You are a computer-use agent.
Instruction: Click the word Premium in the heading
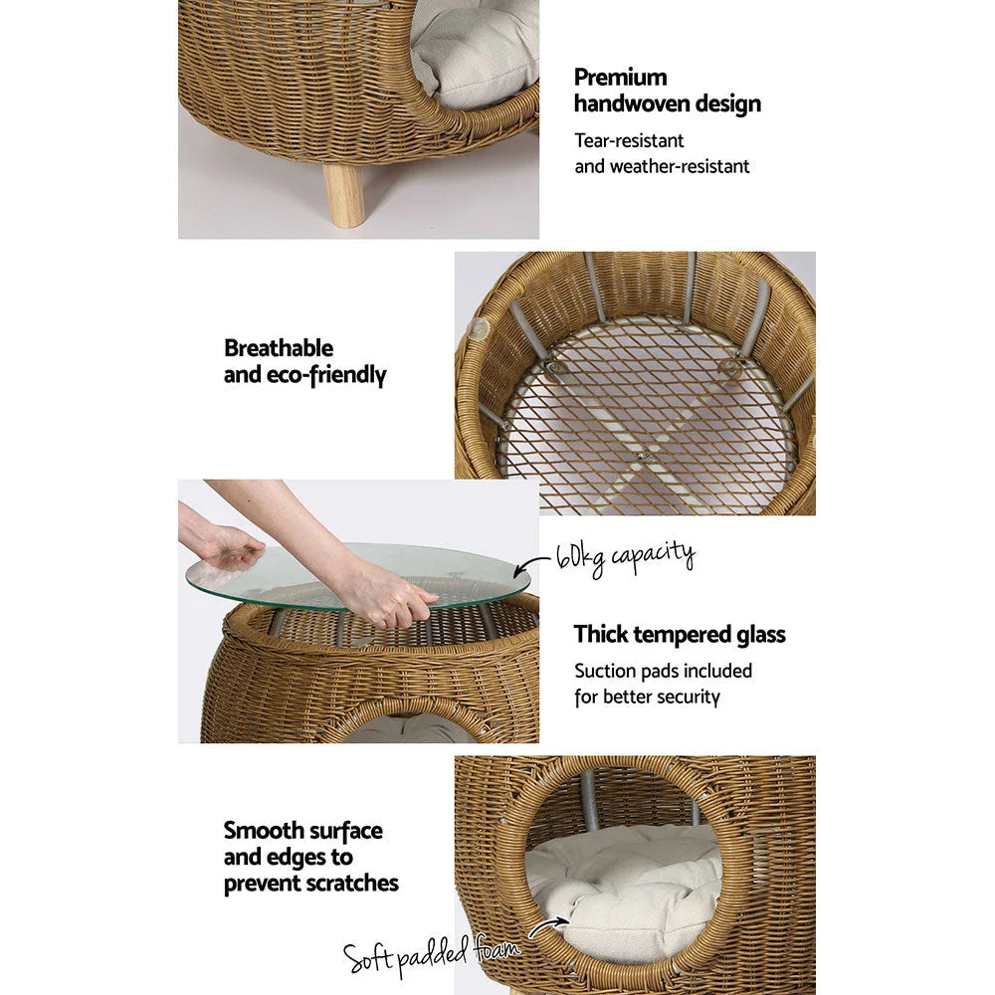click(x=620, y=78)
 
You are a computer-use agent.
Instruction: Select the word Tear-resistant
click(x=629, y=141)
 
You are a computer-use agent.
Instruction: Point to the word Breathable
click(x=279, y=348)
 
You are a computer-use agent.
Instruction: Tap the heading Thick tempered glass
click(x=680, y=634)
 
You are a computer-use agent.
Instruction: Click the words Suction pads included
click(x=663, y=671)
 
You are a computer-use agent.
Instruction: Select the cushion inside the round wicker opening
click(x=622, y=886)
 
